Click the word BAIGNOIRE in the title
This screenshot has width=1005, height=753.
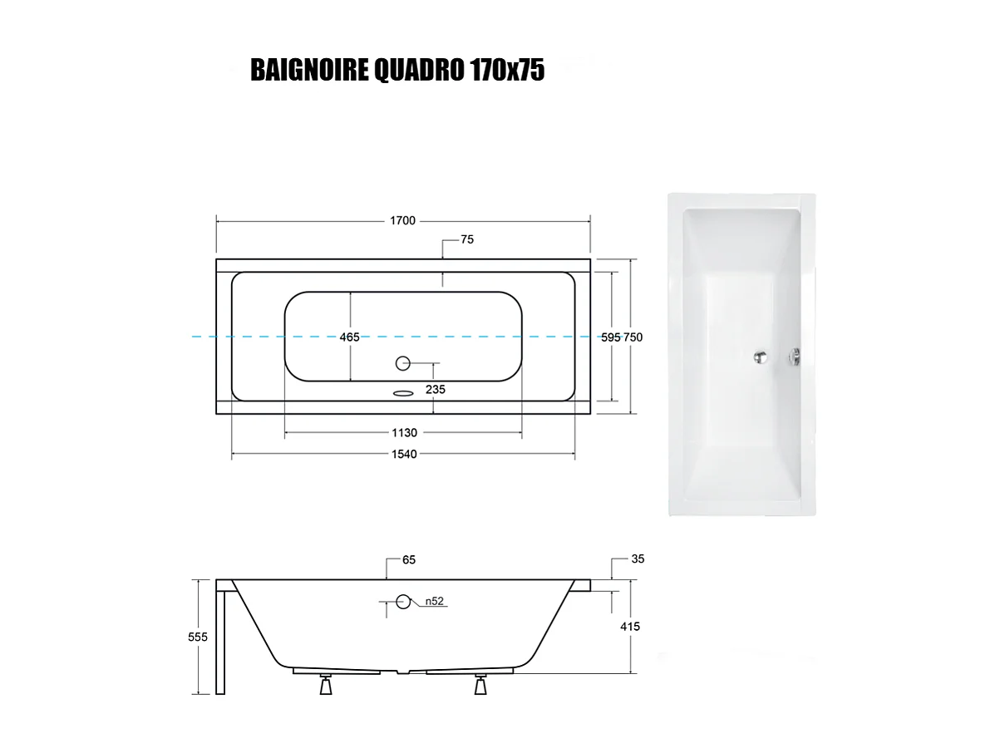pyautogui.click(x=298, y=71)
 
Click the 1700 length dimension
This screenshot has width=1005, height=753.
pyautogui.click(x=403, y=221)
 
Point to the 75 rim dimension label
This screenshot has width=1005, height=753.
pyautogui.click(x=466, y=239)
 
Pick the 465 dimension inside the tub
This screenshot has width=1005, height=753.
pyautogui.click(x=350, y=337)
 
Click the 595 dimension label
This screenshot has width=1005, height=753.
pyautogui.click(x=611, y=337)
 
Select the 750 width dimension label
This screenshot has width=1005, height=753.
pyautogui.click(x=633, y=337)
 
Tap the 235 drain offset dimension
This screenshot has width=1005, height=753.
pyautogui.click(x=436, y=388)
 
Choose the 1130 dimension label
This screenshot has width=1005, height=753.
pyautogui.click(x=404, y=433)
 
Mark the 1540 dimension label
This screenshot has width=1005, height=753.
pyautogui.click(x=404, y=454)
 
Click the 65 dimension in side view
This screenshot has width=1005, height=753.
pyautogui.click(x=408, y=560)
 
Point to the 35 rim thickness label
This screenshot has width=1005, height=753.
pyautogui.click(x=638, y=559)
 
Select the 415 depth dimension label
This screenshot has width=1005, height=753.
pyautogui.click(x=630, y=627)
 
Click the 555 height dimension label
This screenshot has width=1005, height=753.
pyautogui.click(x=198, y=637)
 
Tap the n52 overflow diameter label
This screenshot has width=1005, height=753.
pyautogui.click(x=433, y=601)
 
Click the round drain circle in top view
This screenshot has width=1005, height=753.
pyautogui.click(x=404, y=362)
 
